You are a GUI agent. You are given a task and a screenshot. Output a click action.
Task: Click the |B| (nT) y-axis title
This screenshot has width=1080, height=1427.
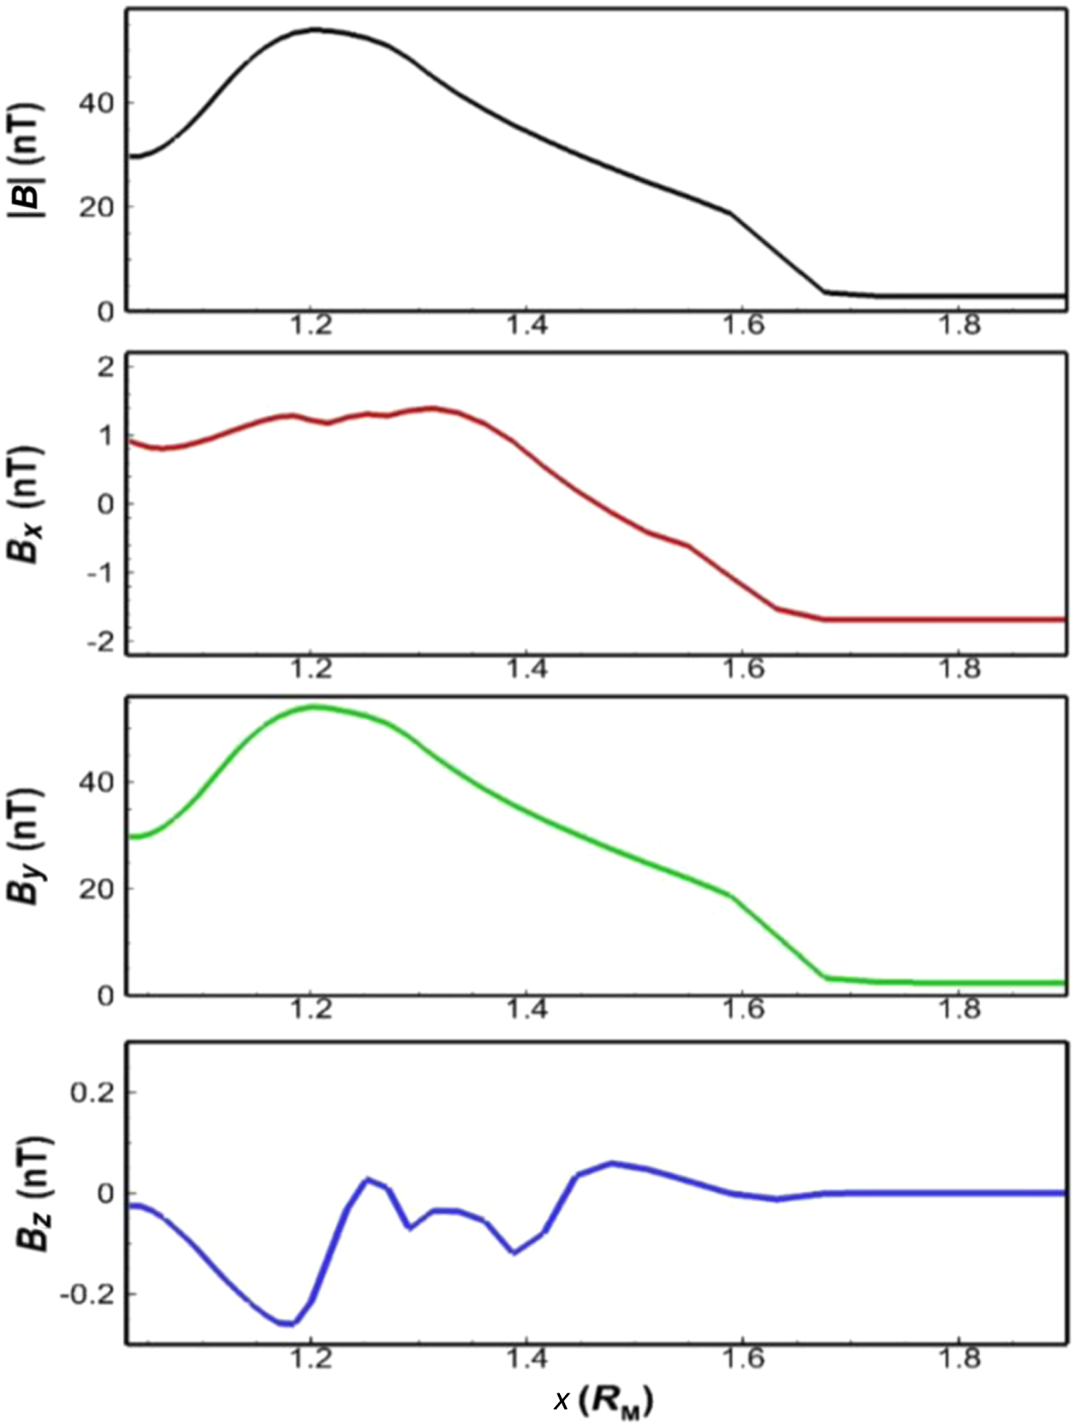coord(30,160)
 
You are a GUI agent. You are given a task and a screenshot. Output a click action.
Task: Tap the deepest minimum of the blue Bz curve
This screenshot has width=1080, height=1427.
coord(288,1325)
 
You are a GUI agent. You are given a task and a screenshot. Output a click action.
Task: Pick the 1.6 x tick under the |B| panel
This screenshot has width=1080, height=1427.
coord(743,326)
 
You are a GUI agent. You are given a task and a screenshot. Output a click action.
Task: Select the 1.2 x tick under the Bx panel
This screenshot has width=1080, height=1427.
coord(311,668)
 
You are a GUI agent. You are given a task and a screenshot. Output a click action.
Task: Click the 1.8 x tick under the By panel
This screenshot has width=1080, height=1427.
coord(959,1009)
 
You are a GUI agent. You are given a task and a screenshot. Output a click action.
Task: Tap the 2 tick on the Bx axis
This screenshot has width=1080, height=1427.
coord(106,367)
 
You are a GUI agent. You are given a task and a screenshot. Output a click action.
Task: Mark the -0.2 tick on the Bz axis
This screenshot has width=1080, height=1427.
coord(86,1294)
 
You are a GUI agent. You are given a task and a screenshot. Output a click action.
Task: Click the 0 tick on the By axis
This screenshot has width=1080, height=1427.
coord(106,995)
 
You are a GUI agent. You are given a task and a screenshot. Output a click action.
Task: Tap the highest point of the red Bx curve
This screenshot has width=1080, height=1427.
coord(433,408)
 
